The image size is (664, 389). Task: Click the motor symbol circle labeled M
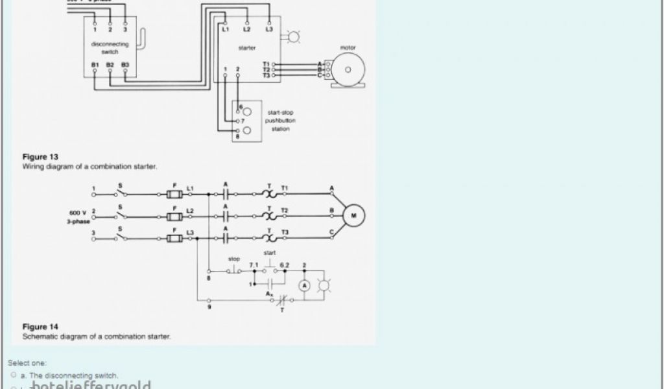tap(354, 215)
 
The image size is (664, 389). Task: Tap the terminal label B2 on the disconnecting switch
tap(110, 65)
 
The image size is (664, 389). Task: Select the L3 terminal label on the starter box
tap(268, 30)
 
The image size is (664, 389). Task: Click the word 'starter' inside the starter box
tap(247, 48)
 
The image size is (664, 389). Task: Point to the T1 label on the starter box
tap(266, 64)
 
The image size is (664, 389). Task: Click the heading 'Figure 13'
tap(40, 157)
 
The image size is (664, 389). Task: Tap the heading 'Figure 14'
tap(40, 327)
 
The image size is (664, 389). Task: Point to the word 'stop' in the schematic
tap(233, 259)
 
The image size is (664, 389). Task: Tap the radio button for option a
tap(13, 375)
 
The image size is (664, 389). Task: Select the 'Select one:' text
tap(27, 363)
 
